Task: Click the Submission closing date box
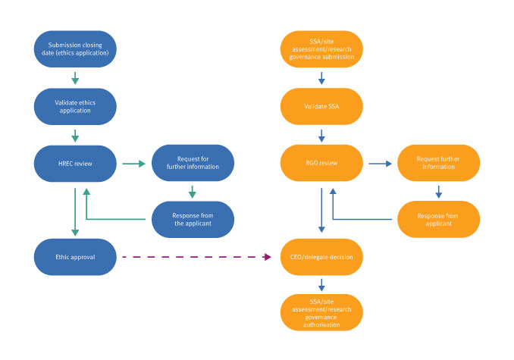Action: tap(75, 49)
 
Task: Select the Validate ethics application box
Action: tap(75, 106)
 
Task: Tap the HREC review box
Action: tap(75, 163)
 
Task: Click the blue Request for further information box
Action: tap(193, 163)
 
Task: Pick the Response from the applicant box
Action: tap(193, 219)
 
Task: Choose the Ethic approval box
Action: tap(75, 256)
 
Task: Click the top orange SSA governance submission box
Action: tap(321, 49)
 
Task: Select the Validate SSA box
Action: tap(321, 106)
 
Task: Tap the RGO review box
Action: tap(321, 163)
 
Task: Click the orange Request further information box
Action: tap(438, 163)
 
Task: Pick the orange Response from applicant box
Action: tap(438, 219)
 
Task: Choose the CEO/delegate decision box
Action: tap(321, 256)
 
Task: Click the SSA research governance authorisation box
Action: tap(321, 312)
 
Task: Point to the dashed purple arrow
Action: tap(197, 257)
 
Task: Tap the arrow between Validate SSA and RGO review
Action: tap(321, 135)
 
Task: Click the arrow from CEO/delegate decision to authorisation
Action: tap(321, 284)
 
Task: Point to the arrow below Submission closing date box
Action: tap(75, 78)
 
